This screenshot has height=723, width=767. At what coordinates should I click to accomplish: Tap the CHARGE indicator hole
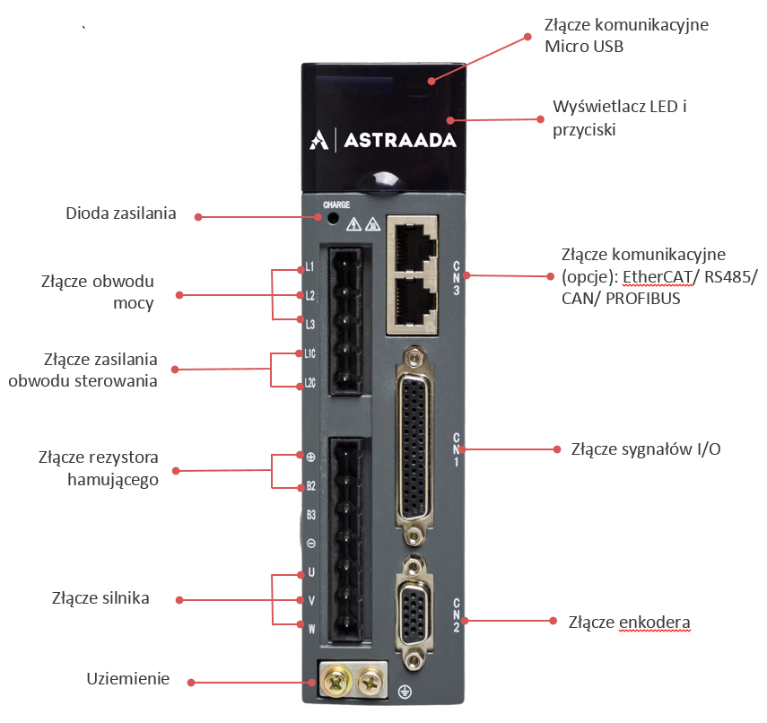[333, 218]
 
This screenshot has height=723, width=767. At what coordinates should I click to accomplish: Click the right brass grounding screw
[369, 684]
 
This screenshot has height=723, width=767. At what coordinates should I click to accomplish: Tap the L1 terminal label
[309, 267]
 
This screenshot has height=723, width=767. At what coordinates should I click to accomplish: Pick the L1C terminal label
[309, 353]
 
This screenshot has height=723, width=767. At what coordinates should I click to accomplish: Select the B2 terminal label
[310, 486]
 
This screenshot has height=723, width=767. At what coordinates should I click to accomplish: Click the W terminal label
[311, 628]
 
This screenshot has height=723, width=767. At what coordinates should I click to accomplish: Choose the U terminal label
[311, 572]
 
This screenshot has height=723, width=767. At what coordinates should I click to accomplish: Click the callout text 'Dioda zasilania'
[121, 213]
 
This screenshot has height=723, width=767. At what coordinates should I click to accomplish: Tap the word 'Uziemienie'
[127, 678]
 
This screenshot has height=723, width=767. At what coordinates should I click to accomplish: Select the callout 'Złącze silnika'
[100, 597]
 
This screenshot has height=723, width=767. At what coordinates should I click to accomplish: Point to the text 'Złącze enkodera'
[630, 622]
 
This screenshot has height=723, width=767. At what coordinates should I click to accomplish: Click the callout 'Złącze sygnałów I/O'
[646, 449]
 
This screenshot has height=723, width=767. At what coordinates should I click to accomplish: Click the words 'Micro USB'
[584, 46]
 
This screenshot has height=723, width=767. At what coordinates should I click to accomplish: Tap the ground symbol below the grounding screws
[405, 693]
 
